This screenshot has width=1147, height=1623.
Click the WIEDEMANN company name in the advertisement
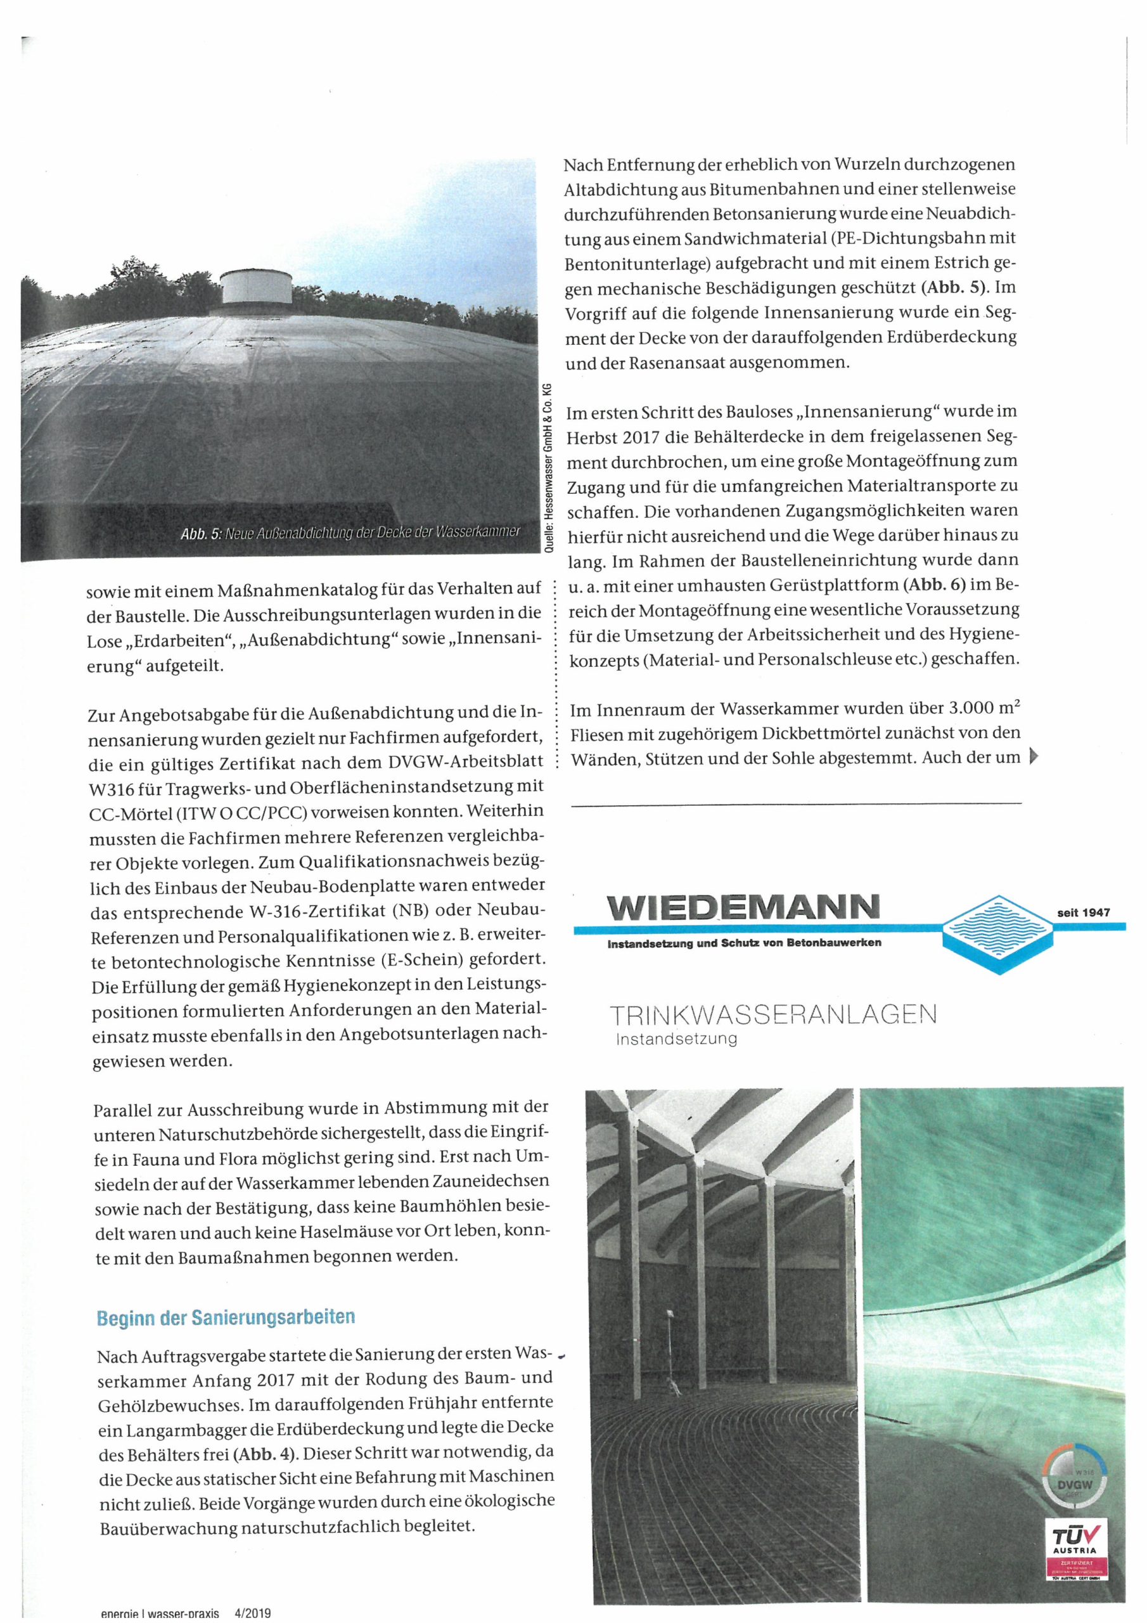click(x=741, y=907)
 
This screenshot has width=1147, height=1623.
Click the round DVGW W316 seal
click(x=1073, y=1487)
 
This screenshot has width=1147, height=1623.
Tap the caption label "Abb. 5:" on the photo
click(x=201, y=534)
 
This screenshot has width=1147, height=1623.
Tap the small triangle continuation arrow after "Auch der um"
click(x=1036, y=757)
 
